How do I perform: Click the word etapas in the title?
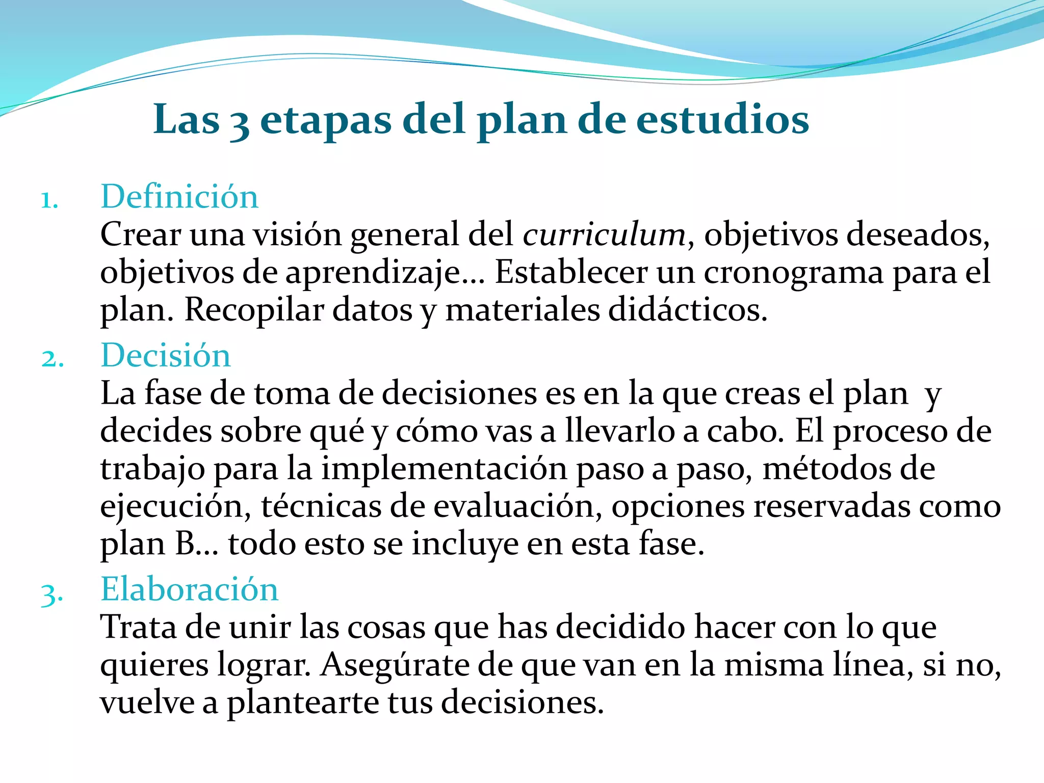click(326, 120)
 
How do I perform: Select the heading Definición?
click(179, 197)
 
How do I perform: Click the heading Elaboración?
click(190, 589)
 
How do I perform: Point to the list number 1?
click(49, 200)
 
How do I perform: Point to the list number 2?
click(52, 359)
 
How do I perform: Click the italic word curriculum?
click(604, 235)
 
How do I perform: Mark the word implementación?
click(444, 469)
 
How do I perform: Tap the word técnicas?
click(321, 507)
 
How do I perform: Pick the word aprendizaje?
click(372, 273)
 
